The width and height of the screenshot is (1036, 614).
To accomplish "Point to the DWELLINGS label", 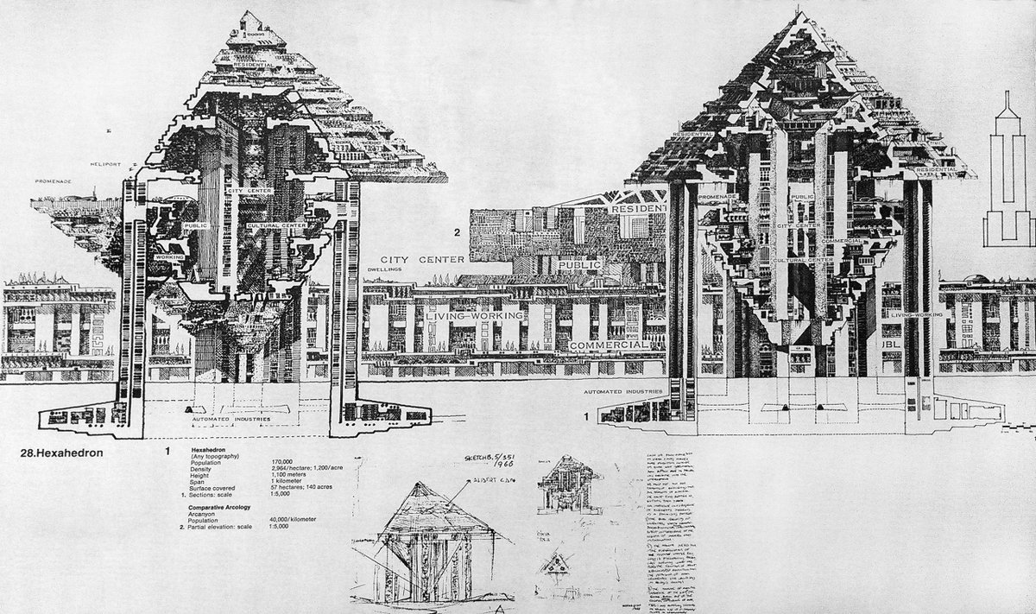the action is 384,269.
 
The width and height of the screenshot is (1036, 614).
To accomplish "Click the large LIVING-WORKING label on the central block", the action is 474,317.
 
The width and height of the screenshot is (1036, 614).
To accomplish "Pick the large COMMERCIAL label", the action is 609,345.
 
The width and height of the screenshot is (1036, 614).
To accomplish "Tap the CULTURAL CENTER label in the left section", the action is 275,226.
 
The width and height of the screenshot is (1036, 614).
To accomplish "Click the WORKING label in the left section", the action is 170,257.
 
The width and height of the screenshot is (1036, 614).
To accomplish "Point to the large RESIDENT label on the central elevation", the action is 639,209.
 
